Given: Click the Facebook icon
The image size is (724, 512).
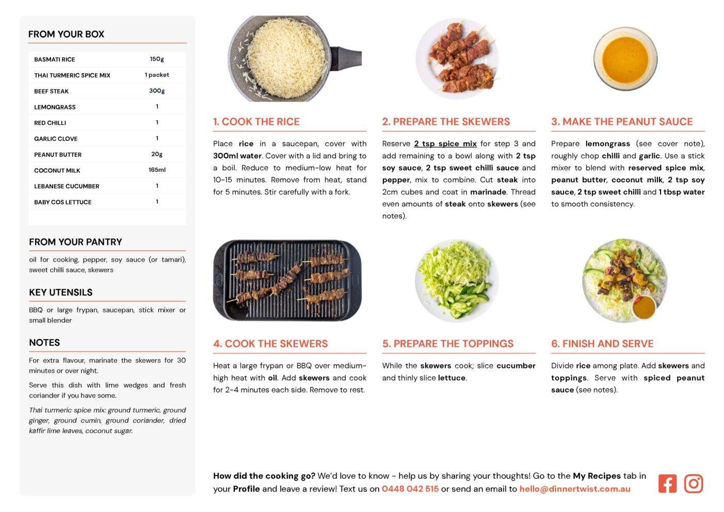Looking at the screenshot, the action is click(x=667, y=484).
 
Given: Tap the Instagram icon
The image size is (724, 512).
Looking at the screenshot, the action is click(x=693, y=484).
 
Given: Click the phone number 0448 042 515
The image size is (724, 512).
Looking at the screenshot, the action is click(x=410, y=489).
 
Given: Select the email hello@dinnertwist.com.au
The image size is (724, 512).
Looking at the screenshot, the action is click(x=575, y=489).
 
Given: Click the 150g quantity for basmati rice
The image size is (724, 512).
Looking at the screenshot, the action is click(x=157, y=59).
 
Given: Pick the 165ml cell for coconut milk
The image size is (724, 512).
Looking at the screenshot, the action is click(x=157, y=170).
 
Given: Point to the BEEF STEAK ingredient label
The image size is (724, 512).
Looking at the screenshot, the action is click(x=52, y=91).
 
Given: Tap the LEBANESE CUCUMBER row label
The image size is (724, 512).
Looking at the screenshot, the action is click(x=67, y=186).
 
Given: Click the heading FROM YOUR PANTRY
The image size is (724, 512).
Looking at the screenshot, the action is click(x=76, y=242).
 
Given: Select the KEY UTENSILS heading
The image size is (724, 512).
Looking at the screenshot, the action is click(x=61, y=293).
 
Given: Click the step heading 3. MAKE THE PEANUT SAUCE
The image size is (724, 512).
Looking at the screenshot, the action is click(x=622, y=121).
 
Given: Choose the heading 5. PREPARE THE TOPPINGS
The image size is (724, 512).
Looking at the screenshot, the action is click(x=447, y=344).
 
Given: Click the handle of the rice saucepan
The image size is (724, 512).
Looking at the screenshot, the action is click(x=347, y=59).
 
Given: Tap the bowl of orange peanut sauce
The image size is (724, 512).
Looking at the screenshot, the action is click(x=625, y=59).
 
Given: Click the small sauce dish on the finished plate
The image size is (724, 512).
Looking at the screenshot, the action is click(x=644, y=308).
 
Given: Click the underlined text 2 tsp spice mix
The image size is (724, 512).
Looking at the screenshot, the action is click(x=445, y=143).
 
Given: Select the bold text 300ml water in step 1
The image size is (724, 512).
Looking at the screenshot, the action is click(x=237, y=156).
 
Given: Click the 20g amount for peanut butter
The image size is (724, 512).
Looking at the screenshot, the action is click(x=157, y=154).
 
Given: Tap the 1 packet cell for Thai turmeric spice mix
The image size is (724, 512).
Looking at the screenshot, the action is click(x=157, y=75).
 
